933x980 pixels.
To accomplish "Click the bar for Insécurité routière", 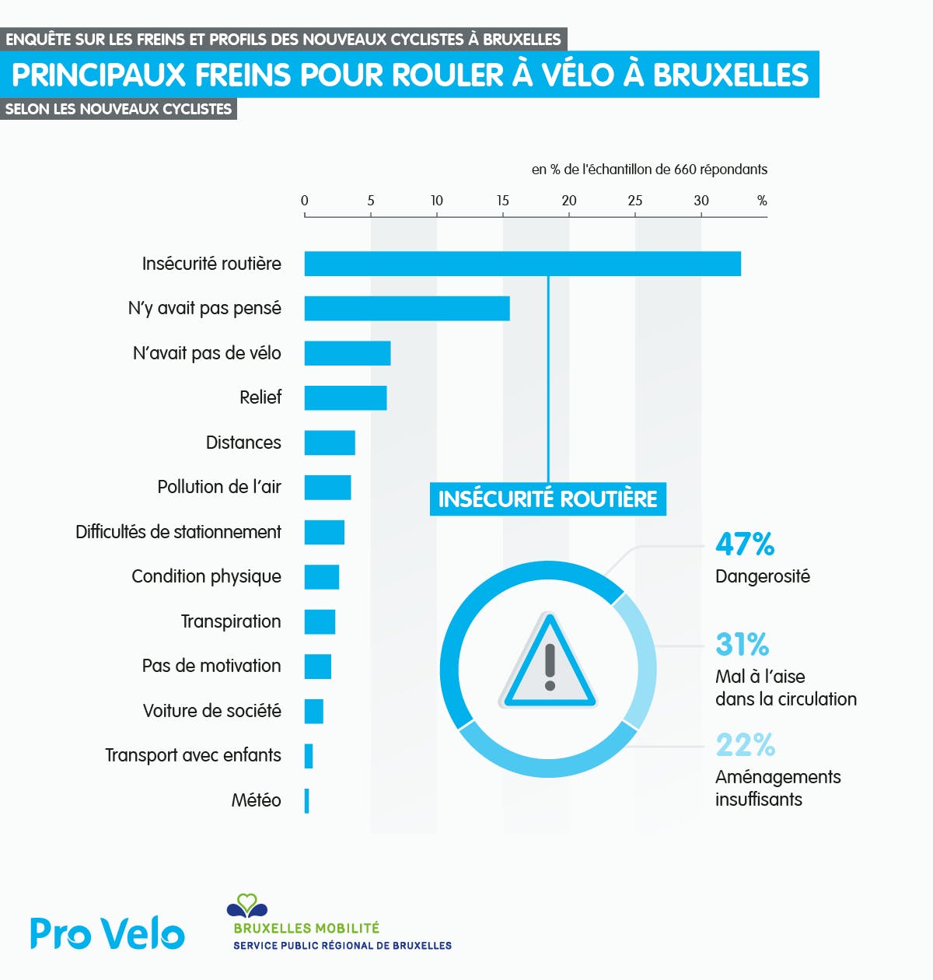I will tap(522, 264).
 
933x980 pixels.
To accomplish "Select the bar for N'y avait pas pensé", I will tap(407, 309).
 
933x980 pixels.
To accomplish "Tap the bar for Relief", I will tap(345, 398).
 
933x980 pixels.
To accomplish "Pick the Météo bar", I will tap(307, 801).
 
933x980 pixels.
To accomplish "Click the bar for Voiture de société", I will tap(313, 712).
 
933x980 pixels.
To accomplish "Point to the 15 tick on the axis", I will tap(503, 201).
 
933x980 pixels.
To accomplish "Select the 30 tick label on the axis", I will tap(701, 201).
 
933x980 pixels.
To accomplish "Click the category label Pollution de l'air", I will tap(219, 487).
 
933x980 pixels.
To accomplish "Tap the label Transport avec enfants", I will tap(193, 755).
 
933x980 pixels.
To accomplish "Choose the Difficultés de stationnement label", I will tap(178, 532).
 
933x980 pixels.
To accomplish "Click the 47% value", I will tap(745, 544).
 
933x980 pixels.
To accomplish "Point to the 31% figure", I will tap(743, 645).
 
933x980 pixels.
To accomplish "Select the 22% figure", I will tap(745, 745).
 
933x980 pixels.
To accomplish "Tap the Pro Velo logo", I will tap(107, 933).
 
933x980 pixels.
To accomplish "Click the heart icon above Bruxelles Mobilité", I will tap(246, 905).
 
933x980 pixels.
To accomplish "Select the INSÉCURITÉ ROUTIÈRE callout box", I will tap(547, 499).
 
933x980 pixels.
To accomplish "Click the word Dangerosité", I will tap(763, 576).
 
